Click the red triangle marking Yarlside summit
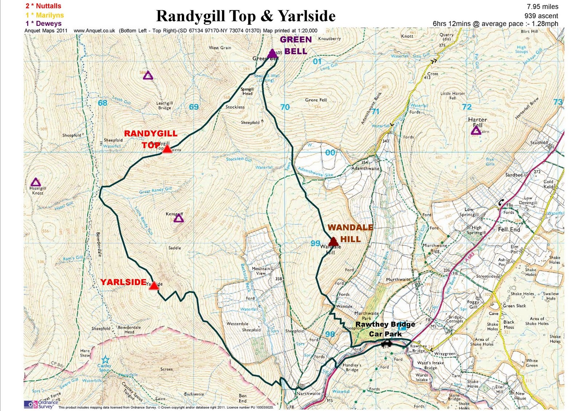pyautogui.click(x=154, y=286)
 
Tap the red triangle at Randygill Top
pyautogui.click(x=167, y=149)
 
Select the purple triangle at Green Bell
pyautogui.click(x=272, y=54)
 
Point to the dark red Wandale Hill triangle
pyautogui.click(x=333, y=242)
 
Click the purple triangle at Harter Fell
pyautogui.click(x=476, y=130)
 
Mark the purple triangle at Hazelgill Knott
pyautogui.click(x=35, y=182)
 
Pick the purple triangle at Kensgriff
pyautogui.click(x=178, y=218)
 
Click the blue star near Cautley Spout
pyautogui.click(x=105, y=360)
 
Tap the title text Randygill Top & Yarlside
pyautogui.click(x=246, y=16)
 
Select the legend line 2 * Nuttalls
pyautogui.click(x=43, y=6)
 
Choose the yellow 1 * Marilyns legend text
pyautogui.click(x=44, y=15)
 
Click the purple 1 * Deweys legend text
pyautogui.click(x=43, y=24)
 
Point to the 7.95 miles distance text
pyautogui.click(x=542, y=7)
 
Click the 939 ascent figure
pyautogui.click(x=541, y=16)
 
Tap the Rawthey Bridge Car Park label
pyautogui.click(x=385, y=329)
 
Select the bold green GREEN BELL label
pyautogui.click(x=296, y=45)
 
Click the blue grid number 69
pyautogui.click(x=194, y=107)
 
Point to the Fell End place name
pyautogui.click(x=509, y=229)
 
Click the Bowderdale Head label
pyautogui.click(x=129, y=329)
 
